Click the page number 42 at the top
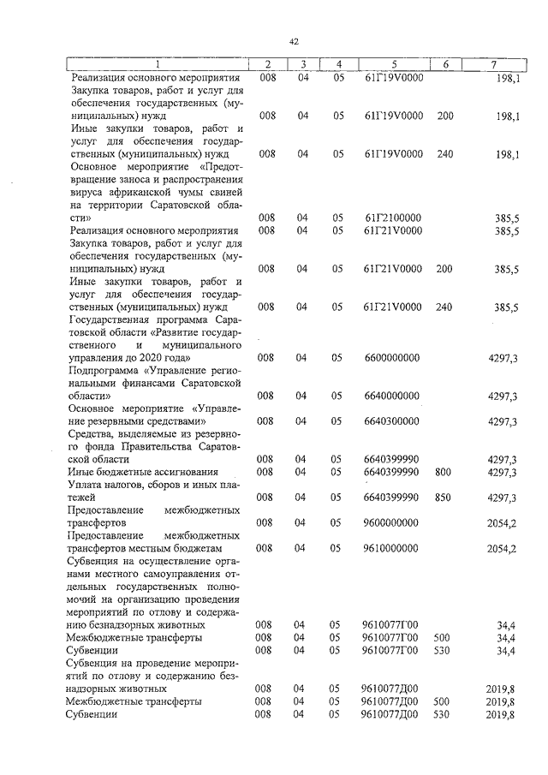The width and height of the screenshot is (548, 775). click(x=293, y=41)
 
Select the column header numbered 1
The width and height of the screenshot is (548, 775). click(x=158, y=64)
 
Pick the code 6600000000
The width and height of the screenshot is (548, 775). click(x=391, y=357)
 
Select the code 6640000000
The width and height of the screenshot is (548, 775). click(x=391, y=396)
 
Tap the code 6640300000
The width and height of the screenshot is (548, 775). click(x=391, y=421)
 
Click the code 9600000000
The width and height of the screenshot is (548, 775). click(x=391, y=522)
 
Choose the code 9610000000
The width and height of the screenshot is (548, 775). click(x=391, y=548)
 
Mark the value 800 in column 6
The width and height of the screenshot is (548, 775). click(x=443, y=472)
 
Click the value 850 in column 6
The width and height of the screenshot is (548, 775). click(x=443, y=497)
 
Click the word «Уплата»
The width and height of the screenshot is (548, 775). click(x=89, y=484)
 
